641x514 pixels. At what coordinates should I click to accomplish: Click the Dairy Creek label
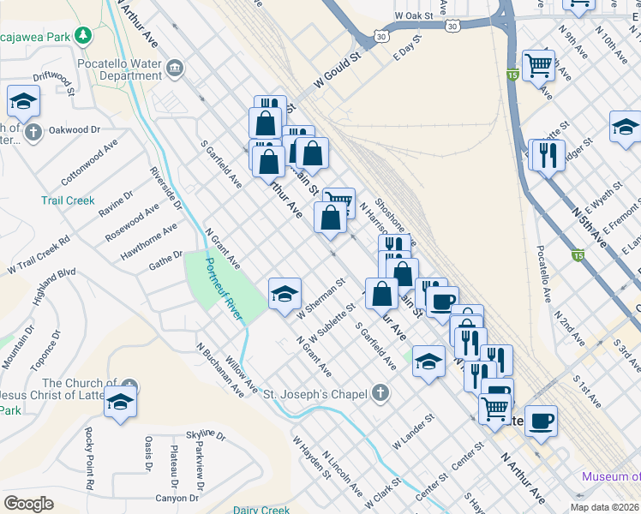[261, 510]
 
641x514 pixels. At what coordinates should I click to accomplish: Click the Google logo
[28, 504]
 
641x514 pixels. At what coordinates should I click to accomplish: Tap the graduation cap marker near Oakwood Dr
[24, 100]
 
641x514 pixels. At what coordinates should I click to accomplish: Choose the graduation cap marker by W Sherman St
[285, 294]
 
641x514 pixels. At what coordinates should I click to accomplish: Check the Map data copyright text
[605, 507]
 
